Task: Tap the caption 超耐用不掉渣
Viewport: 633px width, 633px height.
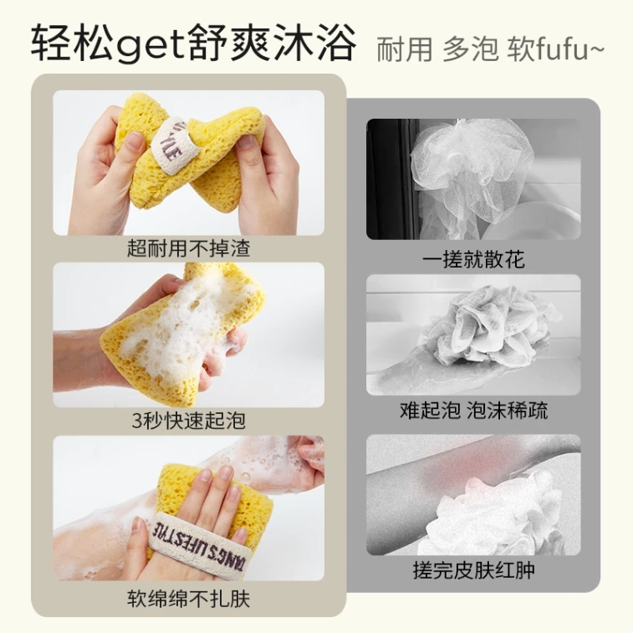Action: pyautogui.click(x=188, y=248)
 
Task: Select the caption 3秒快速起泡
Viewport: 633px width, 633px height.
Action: pyautogui.click(x=188, y=421)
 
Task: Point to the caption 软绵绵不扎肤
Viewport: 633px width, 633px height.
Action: pyautogui.click(x=188, y=599)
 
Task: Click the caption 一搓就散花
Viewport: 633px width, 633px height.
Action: pyautogui.click(x=473, y=259)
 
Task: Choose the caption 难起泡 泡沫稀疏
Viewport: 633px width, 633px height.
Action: pyautogui.click(x=473, y=411)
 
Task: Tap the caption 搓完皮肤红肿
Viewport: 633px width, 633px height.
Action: pyautogui.click(x=473, y=570)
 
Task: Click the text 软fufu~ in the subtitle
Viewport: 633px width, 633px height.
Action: pyautogui.click(x=556, y=50)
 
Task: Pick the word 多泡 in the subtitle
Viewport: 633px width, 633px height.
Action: pyautogui.click(x=470, y=50)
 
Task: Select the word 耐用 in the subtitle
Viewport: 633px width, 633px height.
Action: pyautogui.click(x=404, y=50)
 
